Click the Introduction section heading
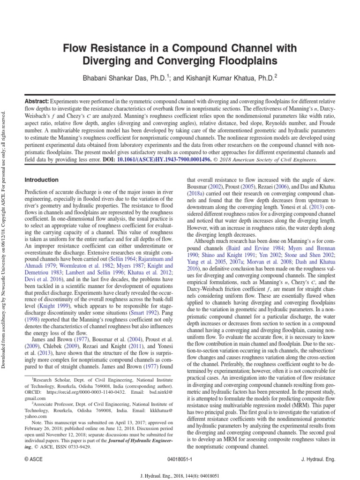pyautogui.click(x=42, y=180)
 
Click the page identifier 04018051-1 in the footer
pyautogui.click(x=180, y=460)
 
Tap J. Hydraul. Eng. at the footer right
pyautogui.click(x=318, y=460)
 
